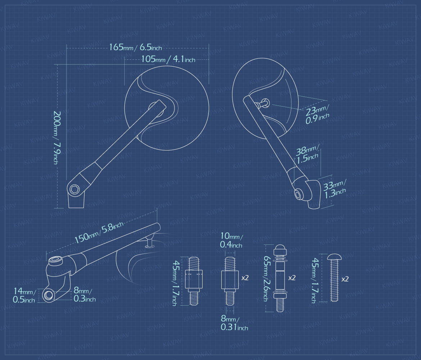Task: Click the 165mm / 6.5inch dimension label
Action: pos(135,47)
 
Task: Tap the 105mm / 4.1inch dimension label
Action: pos(168,59)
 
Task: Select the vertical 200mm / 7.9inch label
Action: pos(56,137)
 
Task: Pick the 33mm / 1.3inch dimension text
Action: pos(334,189)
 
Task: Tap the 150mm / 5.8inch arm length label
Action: pos(99,233)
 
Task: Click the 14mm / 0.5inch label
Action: pos(24,295)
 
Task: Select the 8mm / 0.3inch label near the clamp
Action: pos(85,294)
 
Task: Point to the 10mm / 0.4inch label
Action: pos(231,240)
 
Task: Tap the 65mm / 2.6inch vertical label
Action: pos(266,278)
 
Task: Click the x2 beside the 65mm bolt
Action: pos(292,278)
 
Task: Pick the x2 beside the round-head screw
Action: pos(345,279)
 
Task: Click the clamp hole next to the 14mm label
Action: pos(48,295)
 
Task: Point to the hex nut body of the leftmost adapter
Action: pos(194,279)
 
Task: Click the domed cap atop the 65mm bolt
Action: pos(280,249)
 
